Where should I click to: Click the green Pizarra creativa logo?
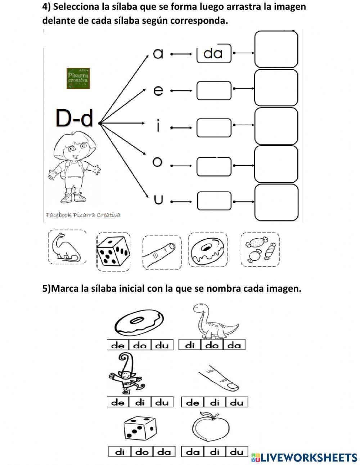coord(78,78)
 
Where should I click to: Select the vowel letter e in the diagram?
coord(158,90)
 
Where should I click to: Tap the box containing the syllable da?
coord(214,54)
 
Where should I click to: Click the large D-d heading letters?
coord(75,118)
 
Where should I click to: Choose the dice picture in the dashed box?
coord(113,251)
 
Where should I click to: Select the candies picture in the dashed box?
coord(260,250)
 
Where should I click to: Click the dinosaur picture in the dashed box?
coord(67,247)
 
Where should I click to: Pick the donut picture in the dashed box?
coord(208,250)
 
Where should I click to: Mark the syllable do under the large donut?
coord(140,345)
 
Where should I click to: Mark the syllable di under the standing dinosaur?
coord(190,345)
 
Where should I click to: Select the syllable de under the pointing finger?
coord(193,402)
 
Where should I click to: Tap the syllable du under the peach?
coord(237,452)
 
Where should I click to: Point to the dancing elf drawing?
coord(126,375)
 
